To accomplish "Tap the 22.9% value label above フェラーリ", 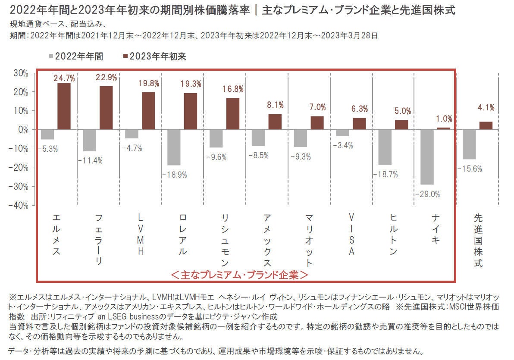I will click(107, 78).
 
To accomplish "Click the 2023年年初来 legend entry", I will click(157, 56).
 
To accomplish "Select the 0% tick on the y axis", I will click(22, 129).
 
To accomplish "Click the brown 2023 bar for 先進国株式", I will click(486, 125).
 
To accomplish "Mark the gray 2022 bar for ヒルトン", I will click(384, 147).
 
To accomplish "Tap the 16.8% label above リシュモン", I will click(233, 89).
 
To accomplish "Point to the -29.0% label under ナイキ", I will click(428, 194).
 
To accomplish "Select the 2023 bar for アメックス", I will click(275, 122).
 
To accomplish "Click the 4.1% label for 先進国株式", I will click(486, 108).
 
